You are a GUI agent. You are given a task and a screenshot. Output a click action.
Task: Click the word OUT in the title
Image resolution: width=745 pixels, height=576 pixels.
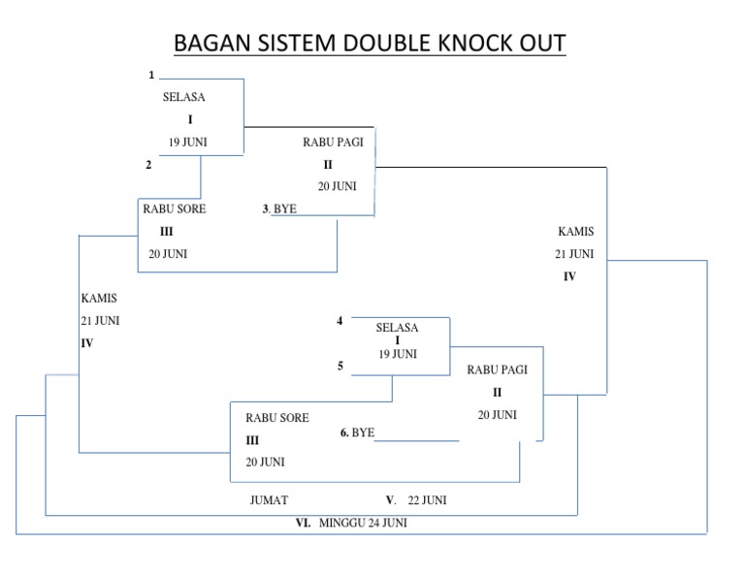click(542, 44)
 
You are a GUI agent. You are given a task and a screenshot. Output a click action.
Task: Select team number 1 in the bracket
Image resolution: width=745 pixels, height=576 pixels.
click(151, 75)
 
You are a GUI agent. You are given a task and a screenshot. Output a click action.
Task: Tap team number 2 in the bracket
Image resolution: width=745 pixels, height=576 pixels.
click(148, 165)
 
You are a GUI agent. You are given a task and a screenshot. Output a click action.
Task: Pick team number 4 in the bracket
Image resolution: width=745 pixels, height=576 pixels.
click(340, 321)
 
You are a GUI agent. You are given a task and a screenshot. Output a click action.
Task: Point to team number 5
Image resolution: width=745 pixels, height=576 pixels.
click(340, 367)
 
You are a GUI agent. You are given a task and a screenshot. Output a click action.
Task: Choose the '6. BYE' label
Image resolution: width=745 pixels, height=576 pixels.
click(357, 432)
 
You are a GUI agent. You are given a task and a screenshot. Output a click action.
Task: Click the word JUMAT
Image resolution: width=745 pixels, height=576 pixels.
click(270, 500)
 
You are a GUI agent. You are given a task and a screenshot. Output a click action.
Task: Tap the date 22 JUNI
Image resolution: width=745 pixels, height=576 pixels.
click(428, 500)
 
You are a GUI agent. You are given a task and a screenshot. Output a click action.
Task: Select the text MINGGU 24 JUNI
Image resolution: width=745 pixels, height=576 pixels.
click(363, 523)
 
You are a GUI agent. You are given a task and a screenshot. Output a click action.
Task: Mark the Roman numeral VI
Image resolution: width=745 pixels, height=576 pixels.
click(303, 523)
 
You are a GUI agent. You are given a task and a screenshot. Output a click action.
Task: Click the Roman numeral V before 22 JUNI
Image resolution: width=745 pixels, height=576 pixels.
click(390, 500)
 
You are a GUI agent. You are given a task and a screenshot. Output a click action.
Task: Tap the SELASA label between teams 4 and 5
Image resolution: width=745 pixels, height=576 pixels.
click(397, 328)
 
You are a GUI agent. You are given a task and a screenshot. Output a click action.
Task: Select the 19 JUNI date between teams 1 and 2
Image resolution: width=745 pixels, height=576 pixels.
click(188, 142)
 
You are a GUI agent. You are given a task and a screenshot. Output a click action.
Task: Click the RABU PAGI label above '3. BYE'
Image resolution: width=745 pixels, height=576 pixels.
click(333, 143)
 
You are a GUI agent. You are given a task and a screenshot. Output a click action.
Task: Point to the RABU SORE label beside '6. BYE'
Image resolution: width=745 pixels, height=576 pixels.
click(276, 418)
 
